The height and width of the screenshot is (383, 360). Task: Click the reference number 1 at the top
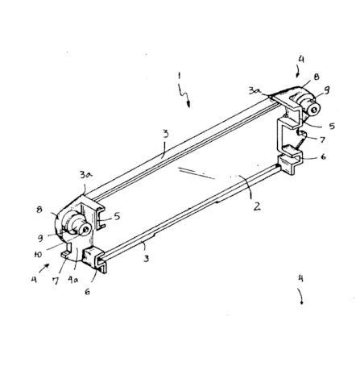click(x=179, y=76)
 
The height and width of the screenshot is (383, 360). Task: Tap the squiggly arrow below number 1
click(x=184, y=96)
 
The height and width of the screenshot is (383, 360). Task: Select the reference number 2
click(x=257, y=206)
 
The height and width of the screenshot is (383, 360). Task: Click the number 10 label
click(x=38, y=254)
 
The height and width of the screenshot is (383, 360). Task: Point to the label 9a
click(x=72, y=280)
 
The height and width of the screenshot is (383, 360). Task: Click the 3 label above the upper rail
click(x=166, y=134)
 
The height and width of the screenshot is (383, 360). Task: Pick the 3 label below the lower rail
click(x=147, y=259)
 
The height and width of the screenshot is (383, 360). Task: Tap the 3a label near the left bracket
click(x=86, y=175)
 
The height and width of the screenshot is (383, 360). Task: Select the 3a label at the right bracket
click(x=254, y=91)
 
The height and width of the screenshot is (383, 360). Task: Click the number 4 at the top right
click(x=301, y=59)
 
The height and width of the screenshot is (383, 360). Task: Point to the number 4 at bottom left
click(x=34, y=280)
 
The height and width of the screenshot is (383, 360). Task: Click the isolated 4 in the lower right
click(x=300, y=278)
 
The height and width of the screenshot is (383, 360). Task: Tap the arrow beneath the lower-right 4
click(x=300, y=297)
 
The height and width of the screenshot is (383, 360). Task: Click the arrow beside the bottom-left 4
click(x=44, y=268)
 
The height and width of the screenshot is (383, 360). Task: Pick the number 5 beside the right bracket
click(x=332, y=126)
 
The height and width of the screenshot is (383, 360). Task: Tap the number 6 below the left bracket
click(x=87, y=292)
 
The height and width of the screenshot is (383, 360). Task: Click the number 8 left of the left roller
click(x=39, y=210)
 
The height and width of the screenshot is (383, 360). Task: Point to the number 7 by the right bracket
click(x=322, y=139)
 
